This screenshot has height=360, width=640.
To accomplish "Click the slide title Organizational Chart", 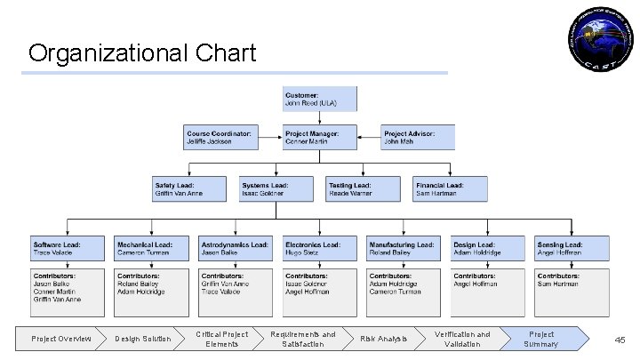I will pyautogui.click(x=141, y=52).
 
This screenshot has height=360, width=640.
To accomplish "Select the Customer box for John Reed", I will pyautogui.click(x=320, y=99).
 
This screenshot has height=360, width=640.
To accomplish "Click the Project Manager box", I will pyautogui.click(x=320, y=137).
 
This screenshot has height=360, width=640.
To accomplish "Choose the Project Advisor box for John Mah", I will pyautogui.click(x=418, y=137).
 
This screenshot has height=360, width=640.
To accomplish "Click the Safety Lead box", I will pyautogui.click(x=188, y=188).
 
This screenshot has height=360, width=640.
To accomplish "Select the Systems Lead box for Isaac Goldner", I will pyautogui.click(x=276, y=188).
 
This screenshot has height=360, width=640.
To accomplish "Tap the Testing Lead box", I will pyautogui.click(x=362, y=188).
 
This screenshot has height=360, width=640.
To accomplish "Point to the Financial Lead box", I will pyautogui.click(x=450, y=188).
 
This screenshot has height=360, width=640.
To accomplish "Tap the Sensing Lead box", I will pyautogui.click(x=572, y=248).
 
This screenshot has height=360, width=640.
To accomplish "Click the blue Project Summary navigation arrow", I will pyautogui.click(x=544, y=339).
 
